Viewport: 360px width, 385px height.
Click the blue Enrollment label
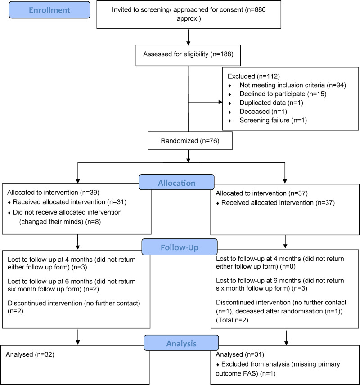coord(49,10)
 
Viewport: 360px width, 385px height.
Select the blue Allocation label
coord(176,182)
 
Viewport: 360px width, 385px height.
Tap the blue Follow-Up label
coord(180,247)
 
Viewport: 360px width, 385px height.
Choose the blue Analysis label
coord(181,343)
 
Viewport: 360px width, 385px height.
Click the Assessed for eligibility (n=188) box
coord(188,55)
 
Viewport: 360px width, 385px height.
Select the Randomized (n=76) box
coord(190,141)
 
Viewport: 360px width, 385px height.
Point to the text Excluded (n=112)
coord(254,76)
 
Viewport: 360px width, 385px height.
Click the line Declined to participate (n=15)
coord(283,94)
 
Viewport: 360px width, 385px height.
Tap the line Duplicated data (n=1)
coord(271,103)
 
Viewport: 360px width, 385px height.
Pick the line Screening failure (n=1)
coord(273,121)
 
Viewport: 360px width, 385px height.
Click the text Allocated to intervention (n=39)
coord(53,192)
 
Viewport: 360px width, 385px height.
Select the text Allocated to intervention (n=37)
coord(262,193)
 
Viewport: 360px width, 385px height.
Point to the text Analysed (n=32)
coord(30,354)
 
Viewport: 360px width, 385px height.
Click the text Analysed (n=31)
coord(240,354)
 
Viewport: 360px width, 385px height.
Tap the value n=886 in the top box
coord(256,10)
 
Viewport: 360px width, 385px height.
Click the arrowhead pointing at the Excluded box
coord(220,102)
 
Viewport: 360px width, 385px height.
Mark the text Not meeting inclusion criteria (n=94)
coord(292,85)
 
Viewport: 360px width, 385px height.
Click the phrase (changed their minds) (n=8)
coord(60,222)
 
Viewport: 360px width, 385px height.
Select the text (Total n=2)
coord(232,320)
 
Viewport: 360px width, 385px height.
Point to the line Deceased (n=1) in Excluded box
coord(263,112)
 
